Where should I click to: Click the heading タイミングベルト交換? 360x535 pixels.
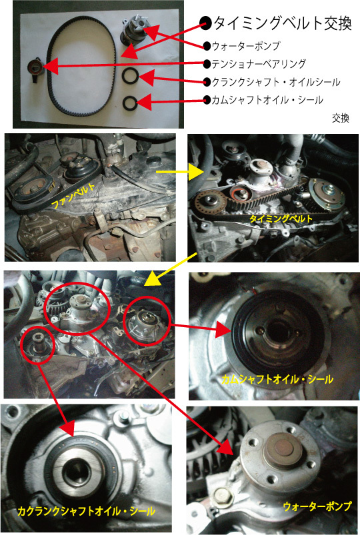click(x=283, y=23)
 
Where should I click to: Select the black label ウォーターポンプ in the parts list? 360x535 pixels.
click(x=246, y=46)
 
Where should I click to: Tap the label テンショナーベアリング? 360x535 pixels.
click(x=259, y=64)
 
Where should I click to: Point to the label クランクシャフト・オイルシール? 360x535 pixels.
click(x=276, y=82)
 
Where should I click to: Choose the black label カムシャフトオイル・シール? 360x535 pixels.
click(x=267, y=100)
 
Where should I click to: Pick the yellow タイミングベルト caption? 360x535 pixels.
click(x=281, y=219)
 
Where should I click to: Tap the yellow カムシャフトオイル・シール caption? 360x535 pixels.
click(x=277, y=379)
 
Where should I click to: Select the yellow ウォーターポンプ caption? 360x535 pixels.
click(x=317, y=506)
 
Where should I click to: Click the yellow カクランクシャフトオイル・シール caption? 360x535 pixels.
click(x=86, y=511)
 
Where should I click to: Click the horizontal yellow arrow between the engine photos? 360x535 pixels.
click(x=179, y=172)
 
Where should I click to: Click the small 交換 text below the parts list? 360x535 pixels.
click(x=341, y=119)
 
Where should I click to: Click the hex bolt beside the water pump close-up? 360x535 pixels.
click(x=222, y=495)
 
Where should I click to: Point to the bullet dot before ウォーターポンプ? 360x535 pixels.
click(x=207, y=46)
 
